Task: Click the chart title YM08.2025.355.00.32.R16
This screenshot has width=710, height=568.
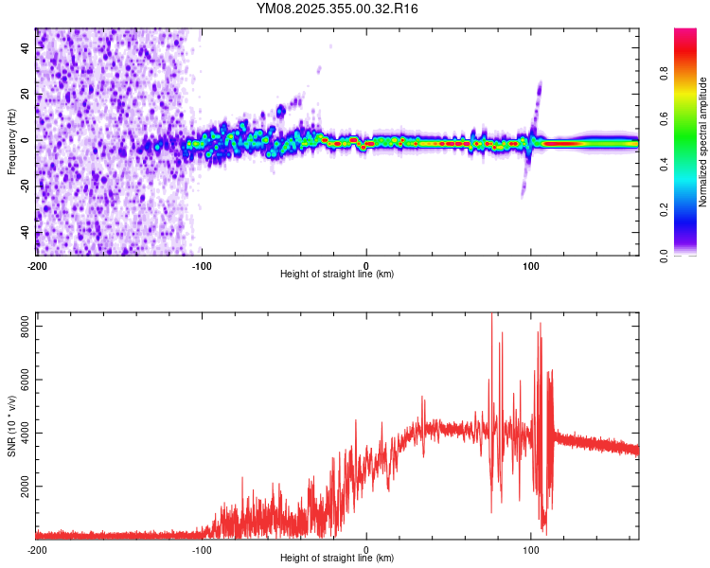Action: click(x=338, y=9)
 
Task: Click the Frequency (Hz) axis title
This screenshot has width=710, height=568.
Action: click(x=10, y=142)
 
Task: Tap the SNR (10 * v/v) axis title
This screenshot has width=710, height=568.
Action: click(x=10, y=426)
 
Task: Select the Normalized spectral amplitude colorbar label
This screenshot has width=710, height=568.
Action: click(x=703, y=142)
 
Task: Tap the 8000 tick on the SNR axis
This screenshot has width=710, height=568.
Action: click(x=18, y=326)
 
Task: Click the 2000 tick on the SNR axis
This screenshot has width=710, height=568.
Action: click(x=18, y=487)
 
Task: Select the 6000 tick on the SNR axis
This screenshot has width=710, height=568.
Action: click(x=18, y=380)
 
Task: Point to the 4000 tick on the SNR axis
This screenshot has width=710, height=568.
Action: click(x=18, y=433)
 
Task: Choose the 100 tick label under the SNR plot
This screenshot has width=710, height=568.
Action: click(x=531, y=549)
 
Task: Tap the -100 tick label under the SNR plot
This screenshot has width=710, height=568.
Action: click(x=202, y=549)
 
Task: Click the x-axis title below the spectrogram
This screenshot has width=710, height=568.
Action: click(x=337, y=275)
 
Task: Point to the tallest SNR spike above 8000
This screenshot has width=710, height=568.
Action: click(x=491, y=318)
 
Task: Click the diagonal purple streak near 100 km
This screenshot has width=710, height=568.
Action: click(x=538, y=95)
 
